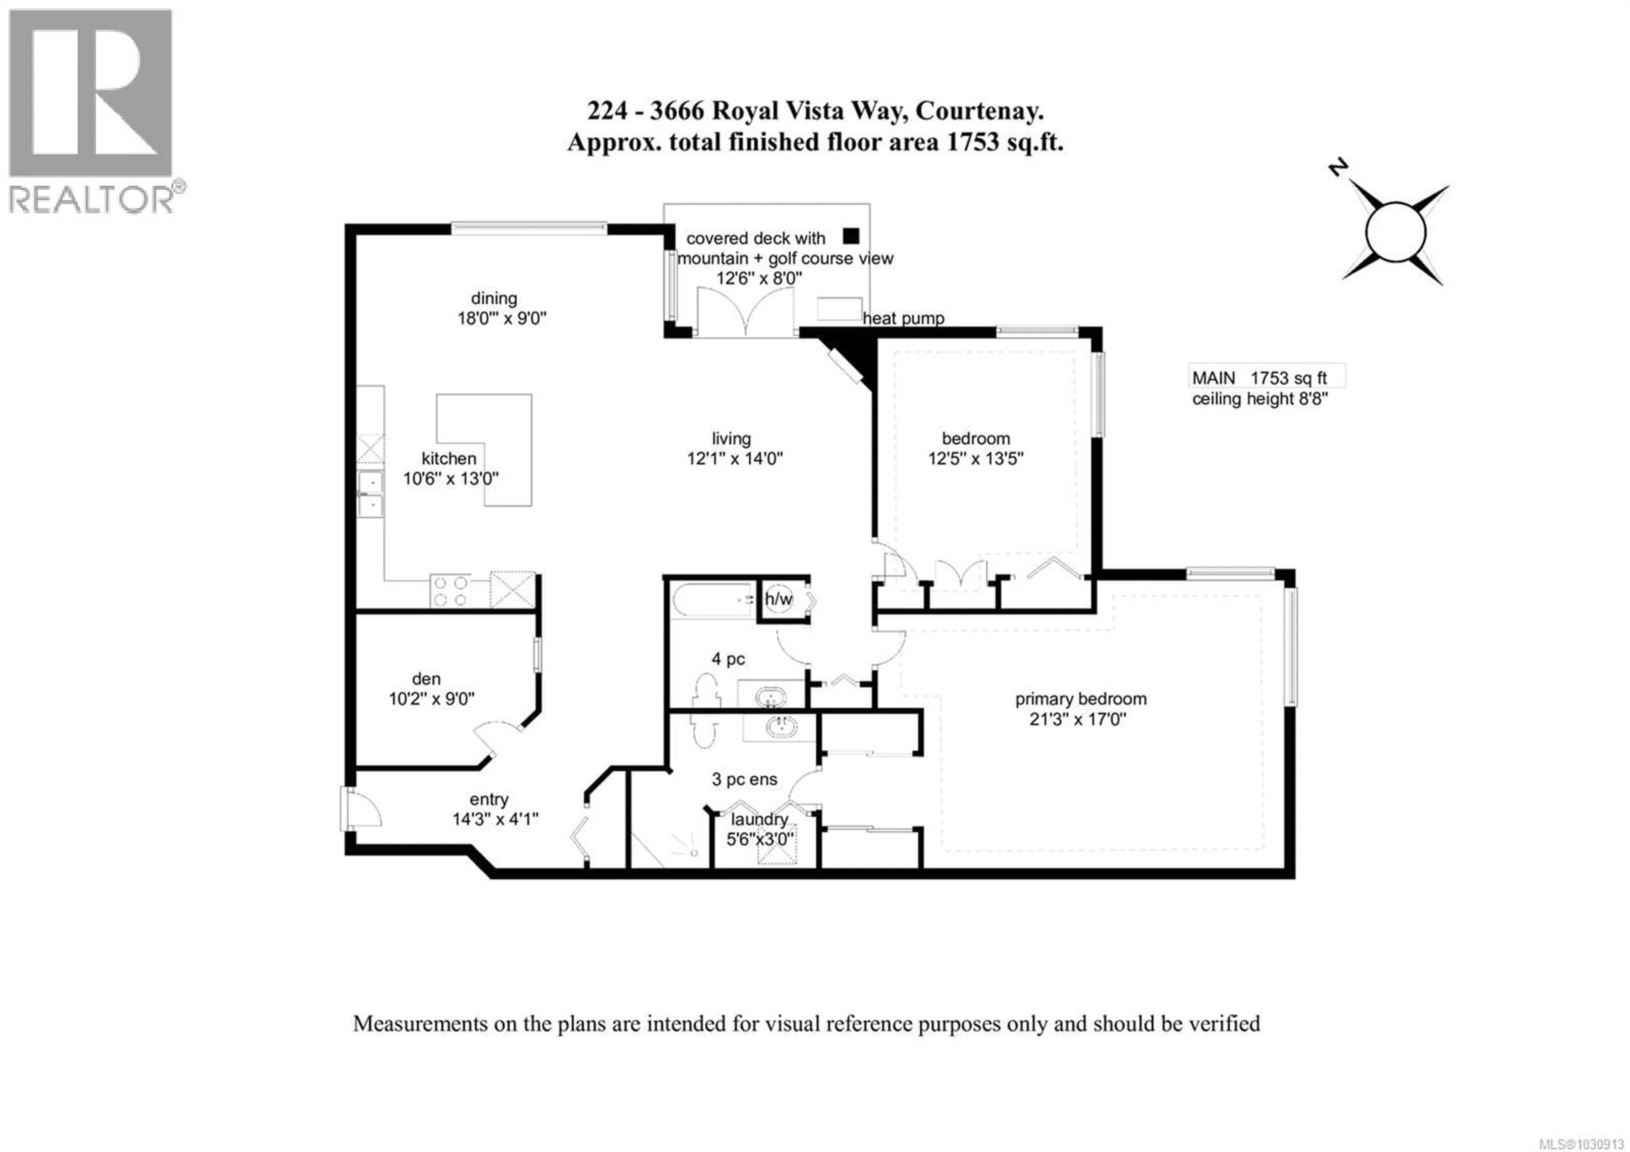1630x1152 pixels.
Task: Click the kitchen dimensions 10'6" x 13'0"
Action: point(451,479)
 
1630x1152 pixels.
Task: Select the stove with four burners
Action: point(450,590)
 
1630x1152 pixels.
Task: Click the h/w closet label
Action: point(779,599)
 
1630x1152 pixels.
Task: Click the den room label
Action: point(426,679)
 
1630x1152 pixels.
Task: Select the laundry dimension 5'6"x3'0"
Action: point(760,839)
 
